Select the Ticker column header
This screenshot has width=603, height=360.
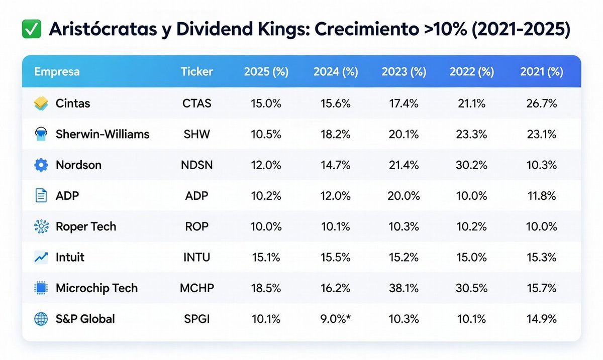196,72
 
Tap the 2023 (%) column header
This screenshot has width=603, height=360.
404,72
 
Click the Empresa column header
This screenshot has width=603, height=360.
57,72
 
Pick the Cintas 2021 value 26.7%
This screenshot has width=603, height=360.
541,104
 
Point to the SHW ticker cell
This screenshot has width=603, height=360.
196,135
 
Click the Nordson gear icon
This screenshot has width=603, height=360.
41,165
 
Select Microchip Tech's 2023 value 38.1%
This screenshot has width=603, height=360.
404,288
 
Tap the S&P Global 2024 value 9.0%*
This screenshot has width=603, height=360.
336,319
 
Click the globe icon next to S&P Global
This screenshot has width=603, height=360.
41,319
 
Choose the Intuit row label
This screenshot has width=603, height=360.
70,258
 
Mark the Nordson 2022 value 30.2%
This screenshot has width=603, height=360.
471,165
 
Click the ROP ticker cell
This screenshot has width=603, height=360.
196,226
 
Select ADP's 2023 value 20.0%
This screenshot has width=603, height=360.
404,196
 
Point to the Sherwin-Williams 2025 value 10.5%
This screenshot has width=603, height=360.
266,135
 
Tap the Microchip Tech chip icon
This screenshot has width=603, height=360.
41,288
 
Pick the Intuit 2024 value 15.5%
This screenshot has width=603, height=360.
336,258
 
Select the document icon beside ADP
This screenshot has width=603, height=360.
41,196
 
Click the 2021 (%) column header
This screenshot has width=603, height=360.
541,72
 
